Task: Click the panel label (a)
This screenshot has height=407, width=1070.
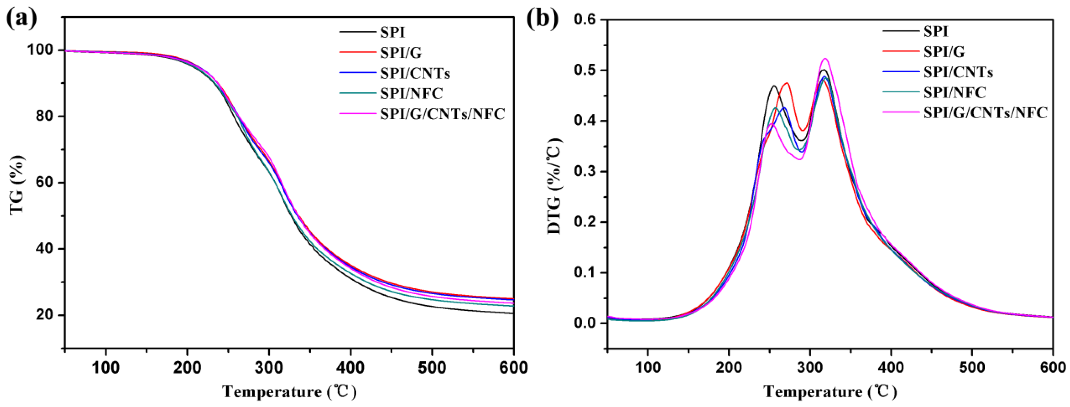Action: pos(22,19)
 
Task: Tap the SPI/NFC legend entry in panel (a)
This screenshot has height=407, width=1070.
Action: pos(411,93)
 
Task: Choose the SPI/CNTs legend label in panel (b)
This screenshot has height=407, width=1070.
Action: pos(958,72)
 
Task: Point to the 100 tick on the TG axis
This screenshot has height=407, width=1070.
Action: pos(40,50)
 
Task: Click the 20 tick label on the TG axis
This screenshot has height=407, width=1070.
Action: pos(44,315)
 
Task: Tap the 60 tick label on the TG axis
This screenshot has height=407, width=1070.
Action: pos(44,183)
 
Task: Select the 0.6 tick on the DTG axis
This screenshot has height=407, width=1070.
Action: pos(587,20)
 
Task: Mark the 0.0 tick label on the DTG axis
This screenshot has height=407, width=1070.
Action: pos(587,323)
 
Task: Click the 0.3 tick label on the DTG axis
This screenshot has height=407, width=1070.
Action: pos(587,172)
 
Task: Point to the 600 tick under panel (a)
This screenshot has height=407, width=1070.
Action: pos(514,367)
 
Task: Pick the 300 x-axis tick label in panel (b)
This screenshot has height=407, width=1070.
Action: pos(810,367)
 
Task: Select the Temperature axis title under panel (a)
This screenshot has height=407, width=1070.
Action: pos(289,392)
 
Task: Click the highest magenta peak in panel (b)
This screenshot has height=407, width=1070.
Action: pos(825,59)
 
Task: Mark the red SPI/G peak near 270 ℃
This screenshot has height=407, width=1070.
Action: pos(786,83)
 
